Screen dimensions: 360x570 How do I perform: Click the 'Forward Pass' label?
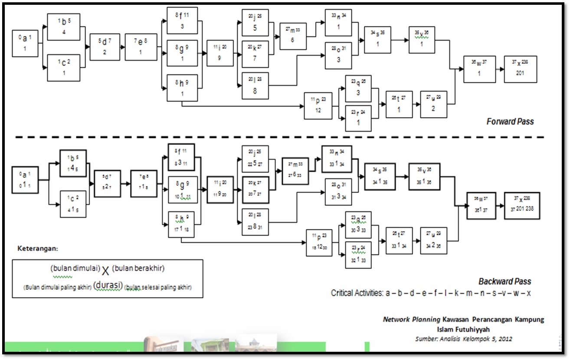click(x=510, y=121)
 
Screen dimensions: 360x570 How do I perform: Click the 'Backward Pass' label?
click(x=504, y=281)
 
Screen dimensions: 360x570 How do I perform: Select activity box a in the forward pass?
click(x=25, y=44)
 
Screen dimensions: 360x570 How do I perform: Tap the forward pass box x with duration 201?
click(x=520, y=69)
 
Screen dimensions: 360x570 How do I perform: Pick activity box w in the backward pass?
click(x=480, y=205)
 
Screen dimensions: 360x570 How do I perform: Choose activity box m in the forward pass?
click(x=293, y=36)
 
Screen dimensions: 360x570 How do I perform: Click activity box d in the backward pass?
click(x=107, y=183)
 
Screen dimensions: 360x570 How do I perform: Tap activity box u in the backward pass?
click(x=433, y=241)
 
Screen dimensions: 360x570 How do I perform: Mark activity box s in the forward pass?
click(x=377, y=39)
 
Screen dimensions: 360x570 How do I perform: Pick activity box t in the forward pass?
click(x=399, y=105)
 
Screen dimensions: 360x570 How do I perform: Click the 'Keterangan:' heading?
click(x=37, y=249)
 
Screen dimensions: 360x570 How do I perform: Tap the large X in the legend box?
click(x=105, y=271)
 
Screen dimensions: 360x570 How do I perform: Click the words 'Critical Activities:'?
click(x=357, y=293)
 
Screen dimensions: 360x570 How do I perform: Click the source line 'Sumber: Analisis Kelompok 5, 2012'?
click(x=463, y=339)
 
